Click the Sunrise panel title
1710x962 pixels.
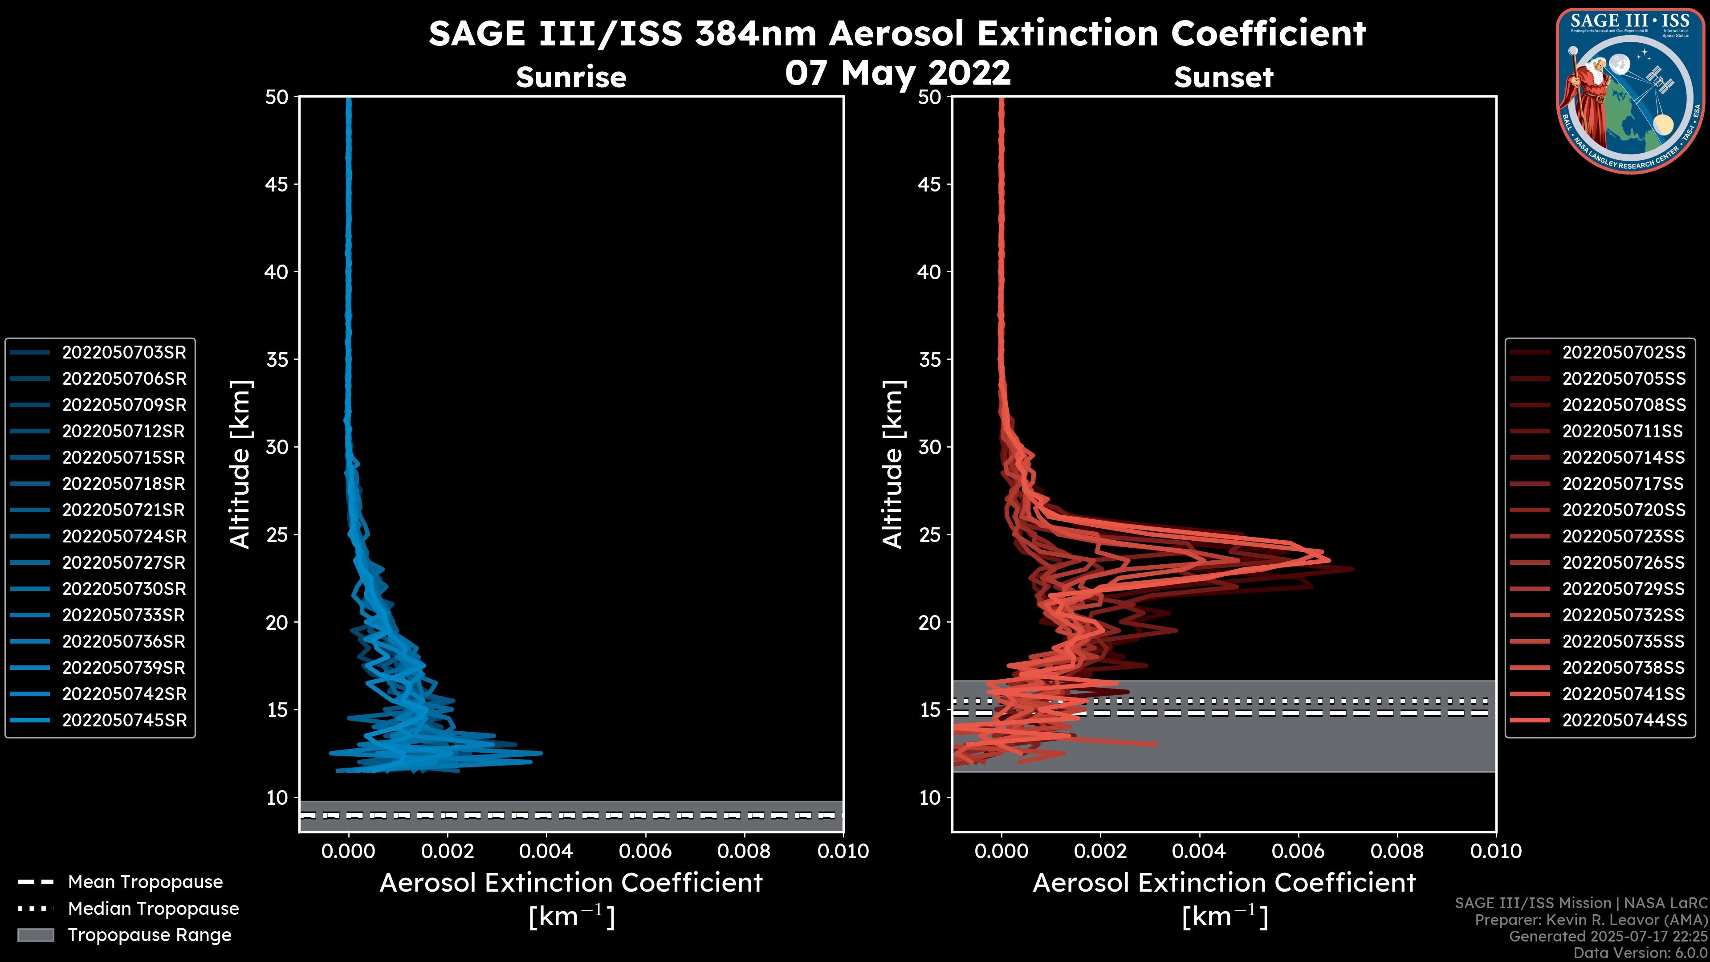click(571, 77)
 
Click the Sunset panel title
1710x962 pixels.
click(1223, 77)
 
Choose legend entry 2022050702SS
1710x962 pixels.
click(1624, 353)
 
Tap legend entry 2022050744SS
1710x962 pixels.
click(1624, 720)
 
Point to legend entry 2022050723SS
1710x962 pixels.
click(1624, 536)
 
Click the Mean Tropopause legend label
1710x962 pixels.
click(145, 882)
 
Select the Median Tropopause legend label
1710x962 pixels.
click(153, 909)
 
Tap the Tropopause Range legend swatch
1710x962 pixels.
click(35, 935)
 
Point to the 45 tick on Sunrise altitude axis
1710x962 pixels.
click(277, 184)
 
